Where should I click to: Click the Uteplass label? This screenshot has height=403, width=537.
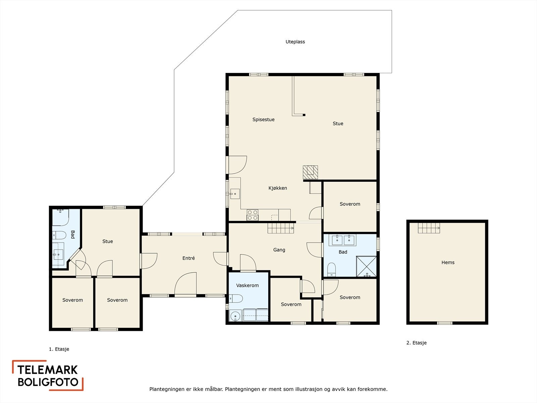295,42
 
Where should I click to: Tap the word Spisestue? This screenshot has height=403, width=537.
263,120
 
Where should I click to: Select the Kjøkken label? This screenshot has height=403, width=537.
278,188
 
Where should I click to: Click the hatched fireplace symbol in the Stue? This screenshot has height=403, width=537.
310,172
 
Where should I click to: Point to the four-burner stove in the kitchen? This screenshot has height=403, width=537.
252,215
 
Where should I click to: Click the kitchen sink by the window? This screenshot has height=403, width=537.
235,194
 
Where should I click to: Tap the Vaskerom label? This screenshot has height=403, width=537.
247,285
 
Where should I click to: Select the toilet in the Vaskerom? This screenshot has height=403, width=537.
236,298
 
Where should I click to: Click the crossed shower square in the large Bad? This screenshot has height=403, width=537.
366,266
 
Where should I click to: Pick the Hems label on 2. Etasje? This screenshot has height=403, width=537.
448,263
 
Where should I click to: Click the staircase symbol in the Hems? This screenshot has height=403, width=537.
429,228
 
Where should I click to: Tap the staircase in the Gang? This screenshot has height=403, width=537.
281,228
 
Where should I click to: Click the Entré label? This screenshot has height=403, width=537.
188,258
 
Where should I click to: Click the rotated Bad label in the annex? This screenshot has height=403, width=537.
72,234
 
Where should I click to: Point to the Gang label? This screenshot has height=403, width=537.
279,250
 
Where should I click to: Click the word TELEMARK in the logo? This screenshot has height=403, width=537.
47,370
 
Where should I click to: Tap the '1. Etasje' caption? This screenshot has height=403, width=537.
59,349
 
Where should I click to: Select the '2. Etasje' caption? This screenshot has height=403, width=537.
417,343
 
